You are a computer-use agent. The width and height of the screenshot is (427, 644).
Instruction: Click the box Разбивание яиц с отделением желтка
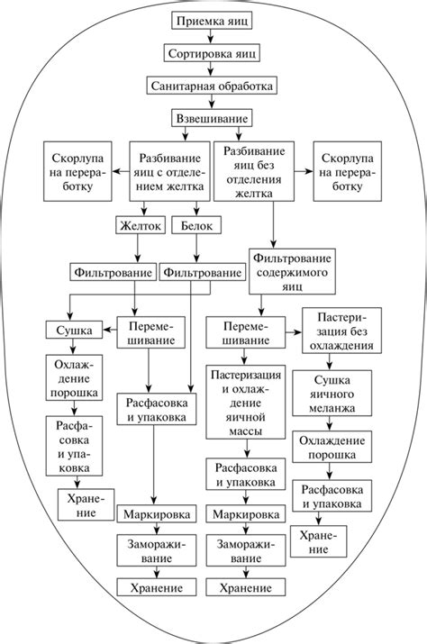169,169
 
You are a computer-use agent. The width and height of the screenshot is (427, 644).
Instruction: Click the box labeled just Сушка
73,331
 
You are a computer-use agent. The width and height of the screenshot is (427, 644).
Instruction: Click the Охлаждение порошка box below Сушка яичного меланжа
332,449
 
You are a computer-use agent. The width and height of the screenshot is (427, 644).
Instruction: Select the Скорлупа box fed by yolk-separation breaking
77,169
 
